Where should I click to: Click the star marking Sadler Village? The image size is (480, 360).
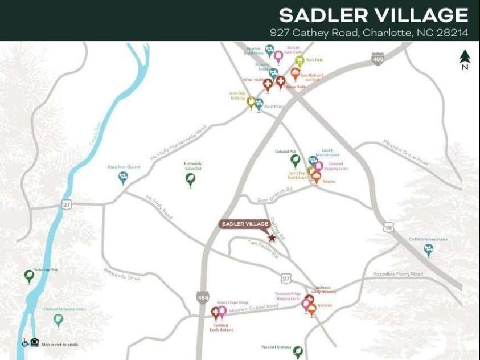coord(272,238)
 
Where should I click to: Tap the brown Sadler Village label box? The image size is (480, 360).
coord(245,224)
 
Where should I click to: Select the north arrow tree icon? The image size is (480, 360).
coord(465,57)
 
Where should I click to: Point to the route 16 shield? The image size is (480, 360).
coord(388,226)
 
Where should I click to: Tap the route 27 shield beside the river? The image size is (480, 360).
coord(67,204)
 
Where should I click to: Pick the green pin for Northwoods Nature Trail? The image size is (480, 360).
coord(191,179)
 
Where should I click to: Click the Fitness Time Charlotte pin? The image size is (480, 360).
coord(123,177)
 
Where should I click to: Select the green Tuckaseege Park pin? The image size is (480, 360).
coord(29,276)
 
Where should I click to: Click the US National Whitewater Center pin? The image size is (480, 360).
coord(58,320)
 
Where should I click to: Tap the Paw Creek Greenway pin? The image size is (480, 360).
coord(297,352)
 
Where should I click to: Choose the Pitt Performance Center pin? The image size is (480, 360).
coord(428,249)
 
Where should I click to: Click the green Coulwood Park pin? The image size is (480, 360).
coord(295,160)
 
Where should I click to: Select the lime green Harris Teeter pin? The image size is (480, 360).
coord(299,60)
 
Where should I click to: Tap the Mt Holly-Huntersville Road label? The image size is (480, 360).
coord(178,143)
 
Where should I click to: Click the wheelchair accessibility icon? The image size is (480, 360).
coord(25,343)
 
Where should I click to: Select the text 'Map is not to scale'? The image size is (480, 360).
coord(60,345)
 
